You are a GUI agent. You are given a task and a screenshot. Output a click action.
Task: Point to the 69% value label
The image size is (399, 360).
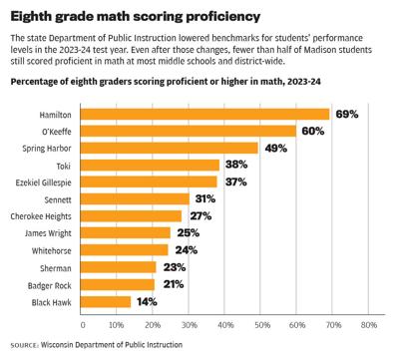tap(344, 114)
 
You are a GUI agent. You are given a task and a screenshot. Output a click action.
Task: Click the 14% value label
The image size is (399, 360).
tap(146, 300)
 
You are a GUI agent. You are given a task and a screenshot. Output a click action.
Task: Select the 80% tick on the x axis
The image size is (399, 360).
tap(367, 325)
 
